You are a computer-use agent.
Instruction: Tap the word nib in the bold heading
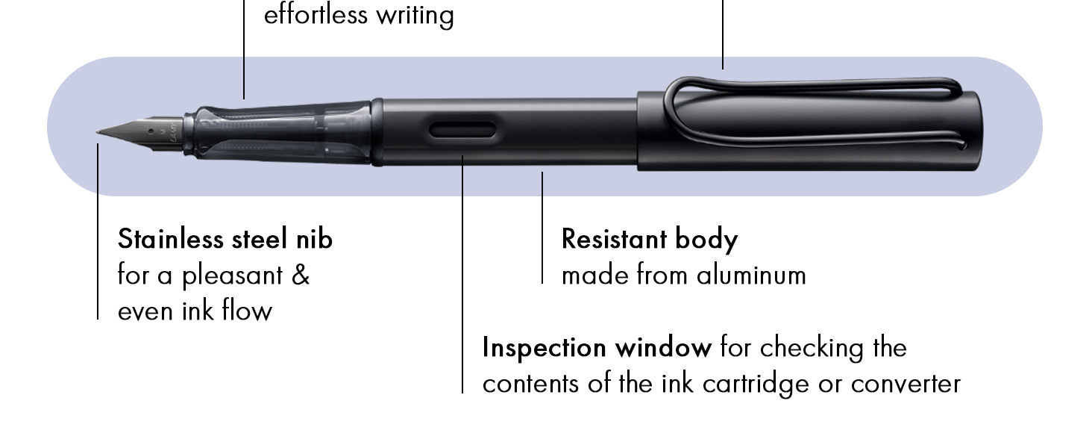(x=314, y=239)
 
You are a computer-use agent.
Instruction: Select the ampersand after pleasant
(x=301, y=276)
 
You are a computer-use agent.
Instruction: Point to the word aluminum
(x=751, y=276)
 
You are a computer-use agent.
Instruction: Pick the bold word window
(x=663, y=348)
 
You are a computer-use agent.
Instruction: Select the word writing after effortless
(x=415, y=16)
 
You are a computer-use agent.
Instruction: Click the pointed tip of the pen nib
(x=97, y=131)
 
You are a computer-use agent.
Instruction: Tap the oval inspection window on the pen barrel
(x=462, y=130)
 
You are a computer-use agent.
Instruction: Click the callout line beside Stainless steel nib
(x=98, y=231)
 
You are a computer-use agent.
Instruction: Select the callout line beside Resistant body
(x=542, y=228)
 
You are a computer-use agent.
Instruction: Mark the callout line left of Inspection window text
(x=462, y=274)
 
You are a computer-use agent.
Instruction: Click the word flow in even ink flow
(x=247, y=311)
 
